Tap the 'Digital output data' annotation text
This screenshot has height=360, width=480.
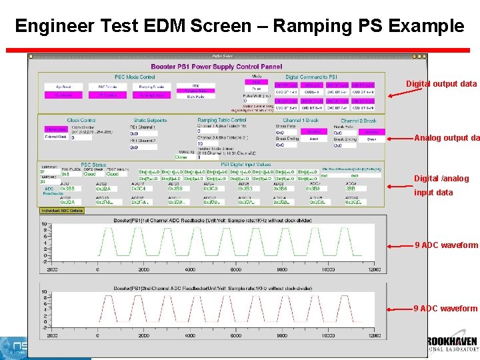tap(441, 84)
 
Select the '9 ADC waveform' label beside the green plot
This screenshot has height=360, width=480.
tap(445, 245)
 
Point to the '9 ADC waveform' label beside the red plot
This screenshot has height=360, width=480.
tap(445, 309)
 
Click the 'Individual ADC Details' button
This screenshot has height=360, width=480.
tap(62, 211)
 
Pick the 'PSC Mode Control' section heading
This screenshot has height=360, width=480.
tap(135, 77)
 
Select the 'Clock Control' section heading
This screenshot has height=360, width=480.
tap(81, 121)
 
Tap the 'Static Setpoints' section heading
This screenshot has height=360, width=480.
tap(150, 121)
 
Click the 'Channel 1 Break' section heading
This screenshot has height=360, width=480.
tap(301, 121)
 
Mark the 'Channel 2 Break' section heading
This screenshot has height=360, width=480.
tap(359, 121)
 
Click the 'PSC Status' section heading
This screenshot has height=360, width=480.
tap(93, 165)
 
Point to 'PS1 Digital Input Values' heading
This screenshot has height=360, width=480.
tap(245, 165)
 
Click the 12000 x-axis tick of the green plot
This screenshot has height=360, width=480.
tap(375, 270)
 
